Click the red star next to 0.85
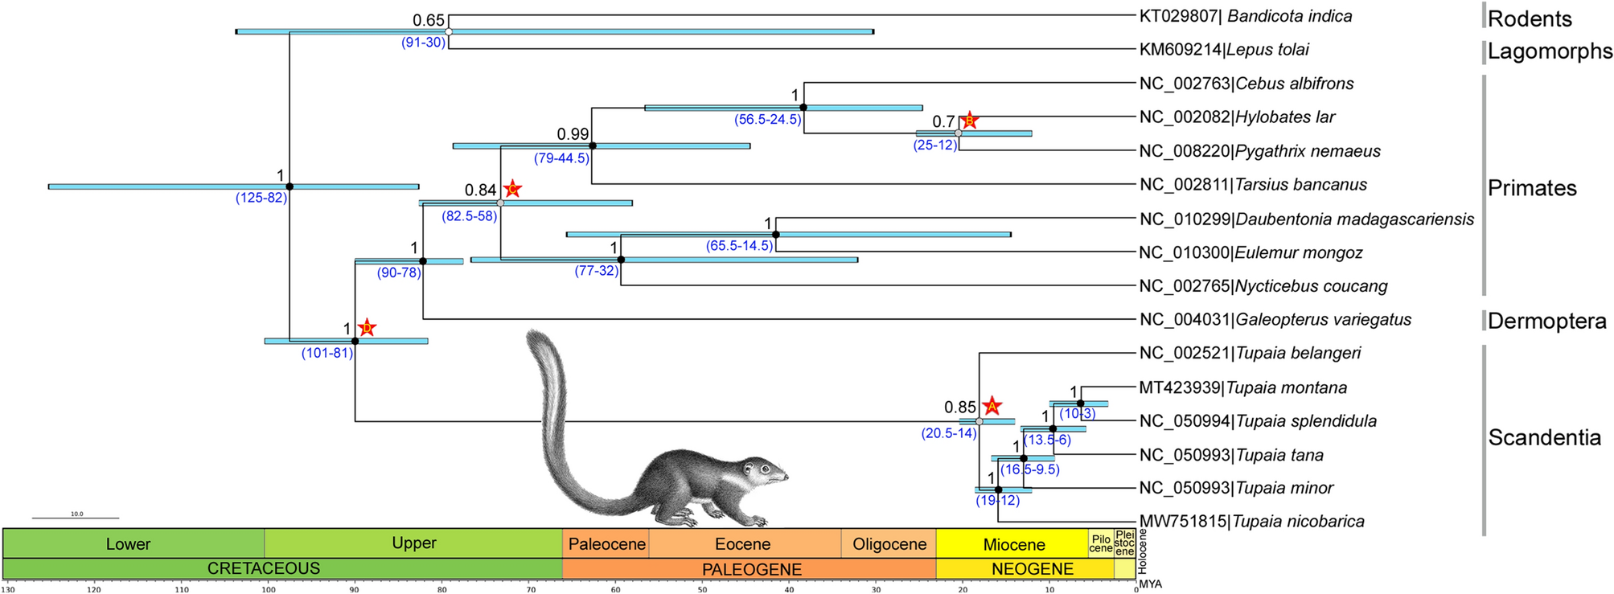click(x=992, y=407)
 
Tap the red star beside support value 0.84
click(x=512, y=189)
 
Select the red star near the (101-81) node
click(x=367, y=327)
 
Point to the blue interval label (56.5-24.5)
click(x=768, y=120)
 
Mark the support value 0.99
click(x=573, y=134)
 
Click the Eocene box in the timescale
click(x=743, y=544)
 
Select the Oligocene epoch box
click(x=889, y=544)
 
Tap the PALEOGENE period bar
click(x=751, y=569)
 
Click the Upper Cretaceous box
click(x=413, y=543)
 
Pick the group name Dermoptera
click(x=1546, y=321)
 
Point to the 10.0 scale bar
click(x=76, y=518)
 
